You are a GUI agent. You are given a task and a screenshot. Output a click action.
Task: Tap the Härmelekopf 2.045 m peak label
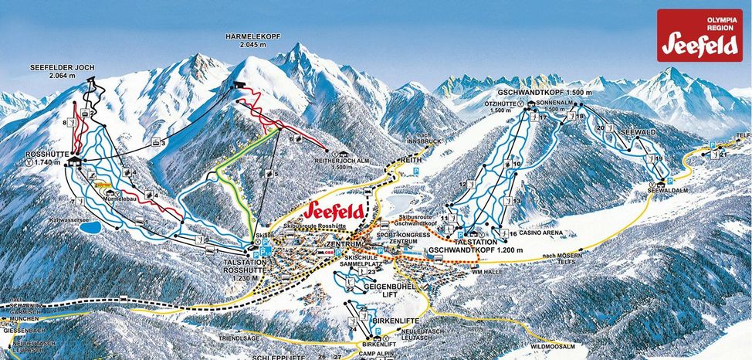[252, 40]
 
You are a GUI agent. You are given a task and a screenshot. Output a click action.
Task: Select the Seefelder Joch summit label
[63, 72]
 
